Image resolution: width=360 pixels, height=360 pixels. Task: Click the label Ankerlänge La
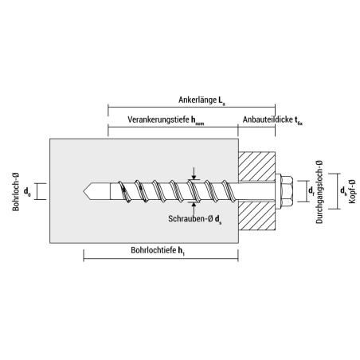pos(202,100)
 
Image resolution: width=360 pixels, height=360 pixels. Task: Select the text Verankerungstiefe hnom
pos(166,120)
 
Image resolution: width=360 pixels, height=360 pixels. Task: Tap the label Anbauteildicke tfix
pos(272,120)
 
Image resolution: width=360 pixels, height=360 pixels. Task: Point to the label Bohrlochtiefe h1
pos(158,251)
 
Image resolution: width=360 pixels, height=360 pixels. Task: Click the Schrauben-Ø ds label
pos(195,219)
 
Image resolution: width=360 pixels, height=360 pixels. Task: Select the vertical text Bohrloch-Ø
pos(16,192)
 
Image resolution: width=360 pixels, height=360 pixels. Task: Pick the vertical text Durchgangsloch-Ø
pos(319,192)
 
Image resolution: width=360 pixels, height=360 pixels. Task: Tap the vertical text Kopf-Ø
pos(352,191)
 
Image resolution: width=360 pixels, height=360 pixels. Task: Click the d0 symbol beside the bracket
pos(27,191)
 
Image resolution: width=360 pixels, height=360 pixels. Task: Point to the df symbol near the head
pos(311,190)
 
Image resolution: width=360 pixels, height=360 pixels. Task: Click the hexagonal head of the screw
pos(287,191)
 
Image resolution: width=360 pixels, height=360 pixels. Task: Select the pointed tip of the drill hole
pos(84,191)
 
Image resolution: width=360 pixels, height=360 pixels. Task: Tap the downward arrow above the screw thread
pos(194,174)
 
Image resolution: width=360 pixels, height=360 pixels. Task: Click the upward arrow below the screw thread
pos(194,208)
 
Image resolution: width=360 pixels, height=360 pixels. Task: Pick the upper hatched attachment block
pos(256,166)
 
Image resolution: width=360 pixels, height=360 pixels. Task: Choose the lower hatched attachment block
pos(256,215)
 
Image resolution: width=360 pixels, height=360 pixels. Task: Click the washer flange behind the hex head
pos(278,191)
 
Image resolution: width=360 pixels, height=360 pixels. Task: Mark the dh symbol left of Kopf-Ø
pos(343,190)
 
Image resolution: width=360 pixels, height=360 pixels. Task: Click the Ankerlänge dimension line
pos(191,108)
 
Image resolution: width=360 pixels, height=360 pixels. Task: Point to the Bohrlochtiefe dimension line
pos(161,258)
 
